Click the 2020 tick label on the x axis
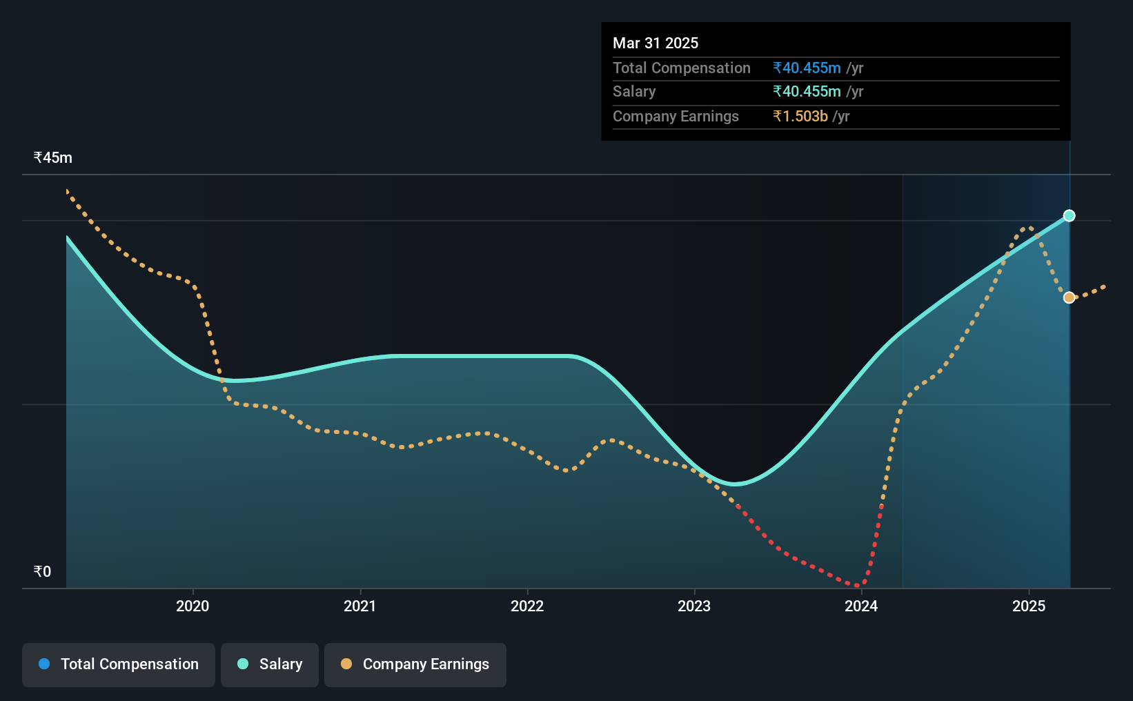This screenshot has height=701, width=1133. (x=193, y=606)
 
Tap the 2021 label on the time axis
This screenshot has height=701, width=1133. (x=359, y=606)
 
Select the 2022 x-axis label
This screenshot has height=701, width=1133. (x=527, y=606)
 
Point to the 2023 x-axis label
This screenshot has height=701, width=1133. (x=694, y=606)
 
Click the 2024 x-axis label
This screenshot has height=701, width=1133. (x=861, y=606)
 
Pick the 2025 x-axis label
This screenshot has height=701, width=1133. (x=1029, y=606)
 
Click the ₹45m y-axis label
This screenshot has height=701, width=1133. (x=53, y=158)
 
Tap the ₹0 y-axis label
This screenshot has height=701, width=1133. (x=43, y=571)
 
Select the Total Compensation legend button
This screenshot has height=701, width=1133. (x=119, y=664)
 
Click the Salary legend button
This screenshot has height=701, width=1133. (x=270, y=664)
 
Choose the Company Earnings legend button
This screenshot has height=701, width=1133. (x=415, y=664)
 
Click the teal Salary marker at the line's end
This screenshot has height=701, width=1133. (x=1069, y=216)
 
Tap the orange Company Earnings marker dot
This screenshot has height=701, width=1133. (x=1069, y=297)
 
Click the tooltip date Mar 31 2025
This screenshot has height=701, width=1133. (x=655, y=43)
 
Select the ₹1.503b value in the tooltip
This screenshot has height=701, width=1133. (x=800, y=117)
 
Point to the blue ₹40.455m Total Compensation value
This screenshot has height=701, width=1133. (x=807, y=68)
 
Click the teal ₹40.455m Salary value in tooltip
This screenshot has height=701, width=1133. (x=807, y=92)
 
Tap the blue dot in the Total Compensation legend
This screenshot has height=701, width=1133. (x=44, y=664)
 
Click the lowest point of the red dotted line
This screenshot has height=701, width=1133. (x=859, y=586)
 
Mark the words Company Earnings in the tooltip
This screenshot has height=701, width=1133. (x=676, y=117)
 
